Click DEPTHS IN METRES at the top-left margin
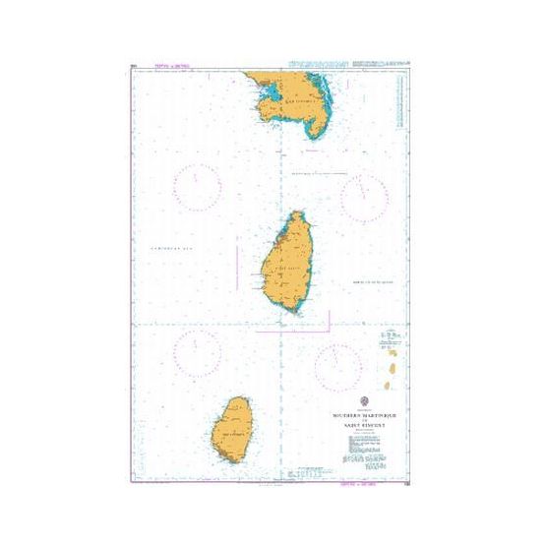(172, 67)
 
